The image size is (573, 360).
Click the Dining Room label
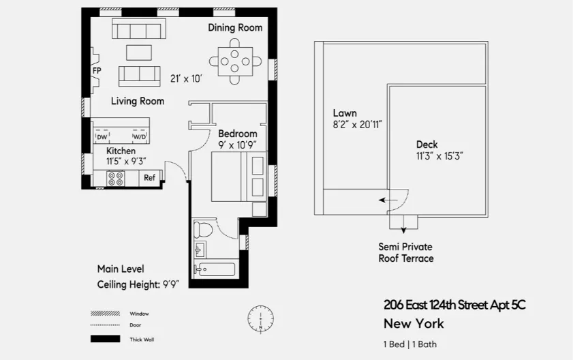[235, 28]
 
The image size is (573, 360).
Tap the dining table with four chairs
[235, 61]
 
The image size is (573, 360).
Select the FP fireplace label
[97, 70]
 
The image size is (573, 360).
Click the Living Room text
[138, 101]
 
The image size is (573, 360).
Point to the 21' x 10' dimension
[186, 78]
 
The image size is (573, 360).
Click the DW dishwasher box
[102, 137]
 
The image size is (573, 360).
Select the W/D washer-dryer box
[139, 137]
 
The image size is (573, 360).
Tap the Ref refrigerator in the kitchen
[149, 178]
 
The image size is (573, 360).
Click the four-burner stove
[115, 179]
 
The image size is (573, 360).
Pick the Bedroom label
[238, 134]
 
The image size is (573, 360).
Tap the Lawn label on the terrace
[345, 113]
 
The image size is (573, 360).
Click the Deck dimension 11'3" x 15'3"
[440, 155]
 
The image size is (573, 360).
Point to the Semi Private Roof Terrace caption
[406, 252]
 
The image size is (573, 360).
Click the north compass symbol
[260, 318]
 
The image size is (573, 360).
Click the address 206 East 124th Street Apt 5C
[454, 305]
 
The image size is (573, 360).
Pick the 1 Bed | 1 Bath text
[410, 344]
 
